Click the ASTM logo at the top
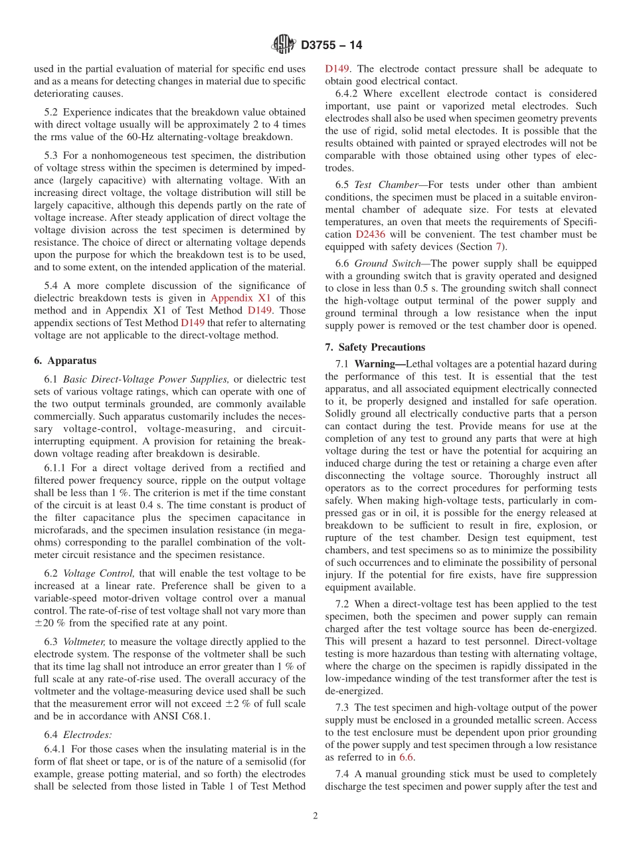coord(284,45)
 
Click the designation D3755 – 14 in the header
coord(331,46)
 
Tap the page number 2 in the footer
coord(315,816)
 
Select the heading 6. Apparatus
coord(65,360)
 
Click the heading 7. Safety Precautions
coord(375,347)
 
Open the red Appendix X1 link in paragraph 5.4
coord(240,298)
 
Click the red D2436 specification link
coord(369,234)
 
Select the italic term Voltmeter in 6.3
coord(84,642)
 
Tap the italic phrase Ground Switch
coord(387,263)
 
